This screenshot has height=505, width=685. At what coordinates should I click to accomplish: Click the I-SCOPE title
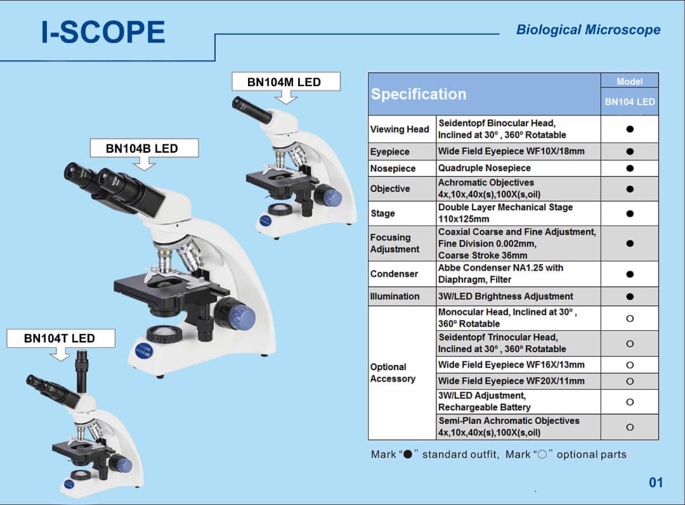point(103,32)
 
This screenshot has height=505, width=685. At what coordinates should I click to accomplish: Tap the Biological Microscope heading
point(588,30)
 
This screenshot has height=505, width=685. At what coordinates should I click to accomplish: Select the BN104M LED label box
point(285,82)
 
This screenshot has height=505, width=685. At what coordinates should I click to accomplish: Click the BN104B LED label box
point(142,148)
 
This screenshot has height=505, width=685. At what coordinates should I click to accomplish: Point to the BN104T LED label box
point(60,338)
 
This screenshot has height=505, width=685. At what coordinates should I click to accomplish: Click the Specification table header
point(419,94)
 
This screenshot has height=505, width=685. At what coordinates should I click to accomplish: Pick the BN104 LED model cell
point(629,101)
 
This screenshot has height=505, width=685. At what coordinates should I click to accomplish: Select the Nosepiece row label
point(393,169)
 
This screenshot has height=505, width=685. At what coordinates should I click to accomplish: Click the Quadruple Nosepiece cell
point(485,168)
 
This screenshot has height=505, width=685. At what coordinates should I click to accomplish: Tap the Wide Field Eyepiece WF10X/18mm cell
point(511,151)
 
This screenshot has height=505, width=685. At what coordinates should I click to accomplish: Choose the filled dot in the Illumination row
point(629,296)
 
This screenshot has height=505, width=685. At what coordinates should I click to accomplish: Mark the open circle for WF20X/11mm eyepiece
point(629,381)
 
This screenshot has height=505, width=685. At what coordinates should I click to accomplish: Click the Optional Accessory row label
point(393,373)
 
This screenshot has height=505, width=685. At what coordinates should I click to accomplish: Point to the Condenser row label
point(394,274)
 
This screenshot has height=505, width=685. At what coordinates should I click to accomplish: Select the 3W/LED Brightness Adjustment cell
point(506,296)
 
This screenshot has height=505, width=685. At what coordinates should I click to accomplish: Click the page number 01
point(655,483)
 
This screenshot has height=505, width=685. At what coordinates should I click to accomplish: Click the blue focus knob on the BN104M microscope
point(331,197)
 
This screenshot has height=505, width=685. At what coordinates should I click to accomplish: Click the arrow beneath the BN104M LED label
point(287,97)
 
